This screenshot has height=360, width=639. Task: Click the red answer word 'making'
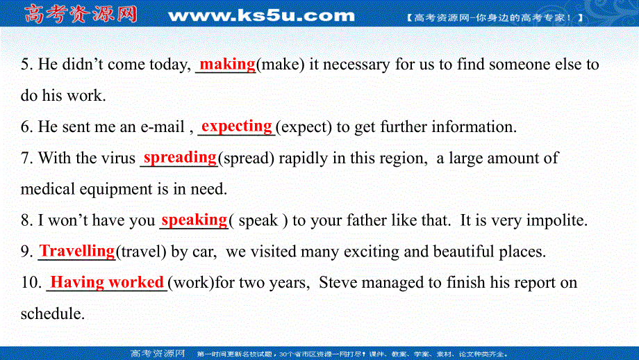pos(227,64)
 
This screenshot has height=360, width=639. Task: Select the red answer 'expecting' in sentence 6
pos(236,126)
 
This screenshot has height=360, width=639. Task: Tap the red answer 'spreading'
pos(180,157)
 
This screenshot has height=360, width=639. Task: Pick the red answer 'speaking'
pos(194,220)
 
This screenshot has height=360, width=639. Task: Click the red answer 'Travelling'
pos(77,250)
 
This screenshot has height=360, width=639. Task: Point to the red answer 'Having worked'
pos(107,282)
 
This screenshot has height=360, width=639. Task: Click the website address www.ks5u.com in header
pos(261,15)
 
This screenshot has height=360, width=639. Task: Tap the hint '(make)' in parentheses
pos(281,65)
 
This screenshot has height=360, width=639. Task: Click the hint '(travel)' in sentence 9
pos(141,252)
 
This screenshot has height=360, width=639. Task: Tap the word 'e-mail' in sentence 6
pos(161,127)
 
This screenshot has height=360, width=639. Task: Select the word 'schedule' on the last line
pos(51,314)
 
